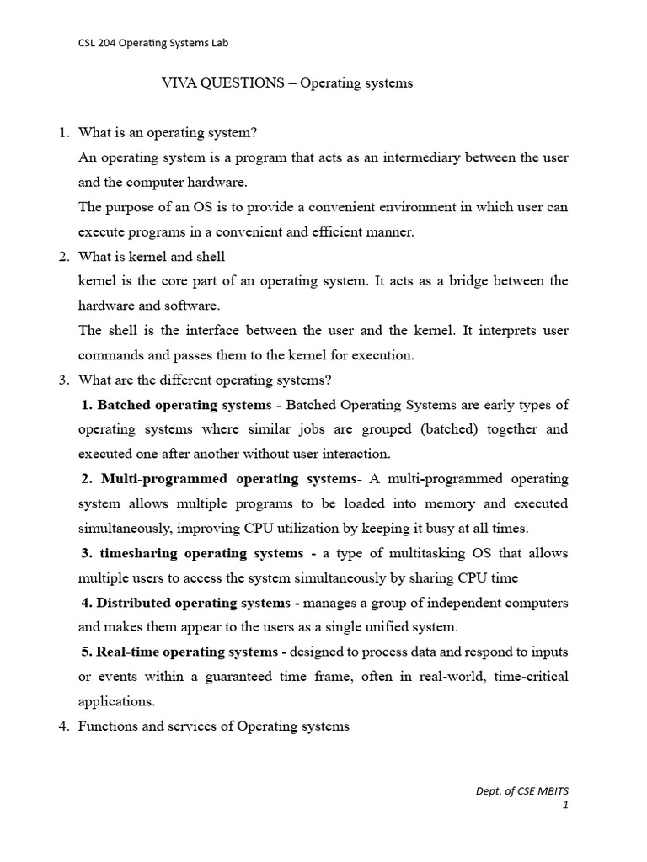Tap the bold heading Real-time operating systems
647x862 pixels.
pos(191,652)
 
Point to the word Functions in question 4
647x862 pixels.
pos(107,726)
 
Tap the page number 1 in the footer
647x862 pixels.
pos(566,806)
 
